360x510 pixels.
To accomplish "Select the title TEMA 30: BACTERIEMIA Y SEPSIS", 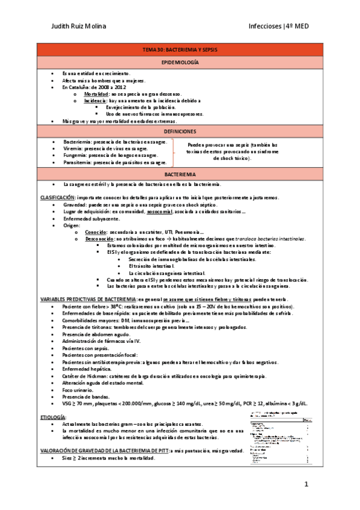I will coord(180,51).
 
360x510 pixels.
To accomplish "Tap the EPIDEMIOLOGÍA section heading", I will coord(180,63).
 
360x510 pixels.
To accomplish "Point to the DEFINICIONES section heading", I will coord(180,131).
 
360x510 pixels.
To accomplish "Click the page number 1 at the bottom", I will coord(306,484).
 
